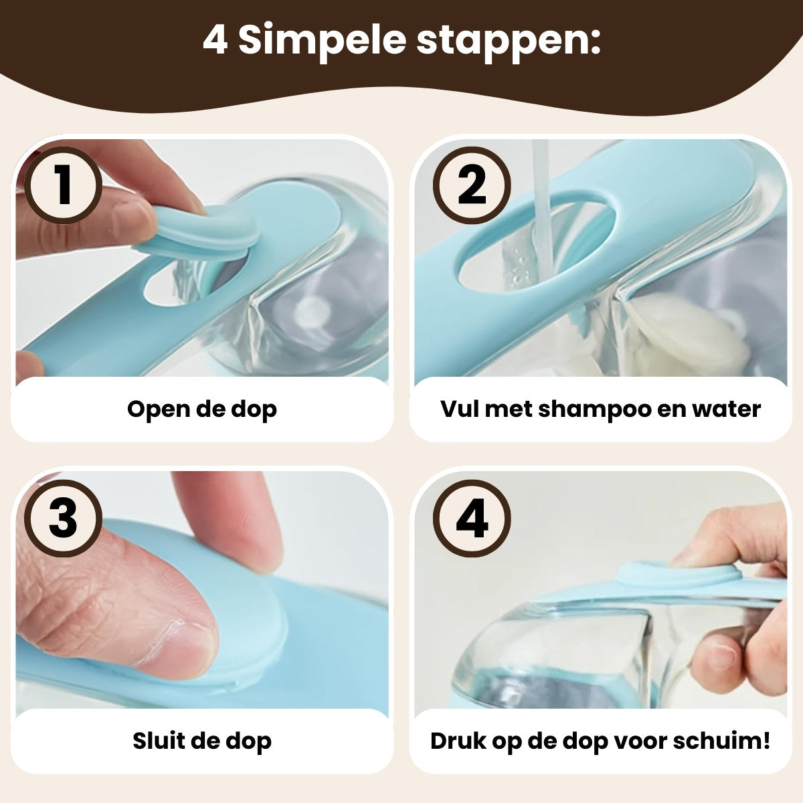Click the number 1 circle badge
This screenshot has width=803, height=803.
(64, 185)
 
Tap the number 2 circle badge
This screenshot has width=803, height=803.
(472, 185)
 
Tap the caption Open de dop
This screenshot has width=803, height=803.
(201, 409)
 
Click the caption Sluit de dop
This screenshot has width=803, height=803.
(201, 741)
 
